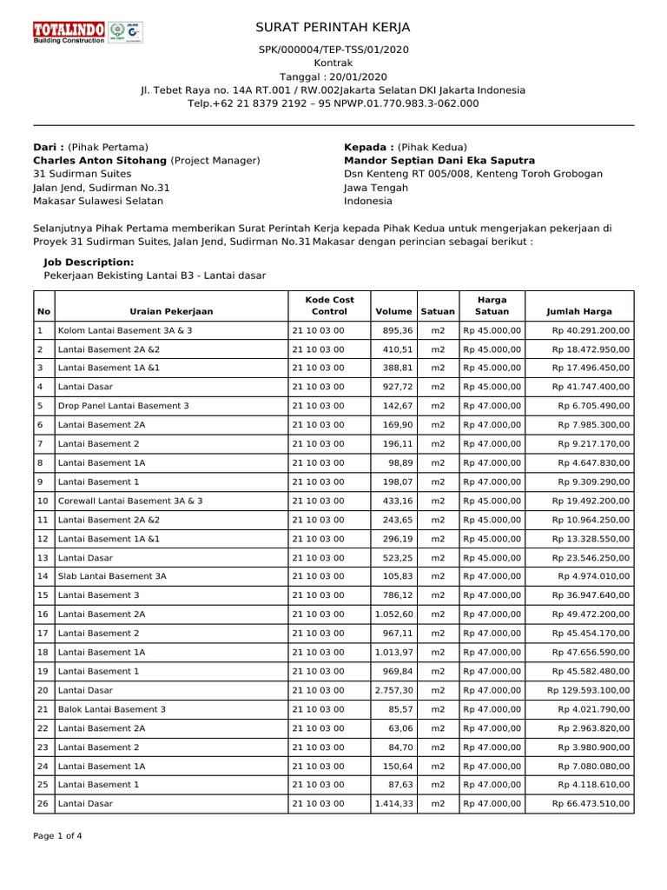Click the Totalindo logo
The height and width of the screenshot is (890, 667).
(69, 32)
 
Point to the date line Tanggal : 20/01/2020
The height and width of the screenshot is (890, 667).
(333, 76)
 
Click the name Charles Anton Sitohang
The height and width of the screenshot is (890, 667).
(99, 160)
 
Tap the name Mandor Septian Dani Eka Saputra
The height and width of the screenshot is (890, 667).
(439, 160)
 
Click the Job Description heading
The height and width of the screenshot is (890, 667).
(89, 262)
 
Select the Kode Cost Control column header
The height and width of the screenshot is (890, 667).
(329, 305)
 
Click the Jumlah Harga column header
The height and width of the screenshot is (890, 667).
(578, 310)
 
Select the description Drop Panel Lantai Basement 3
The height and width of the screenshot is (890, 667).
(122, 406)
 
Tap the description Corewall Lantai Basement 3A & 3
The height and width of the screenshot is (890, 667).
(130, 501)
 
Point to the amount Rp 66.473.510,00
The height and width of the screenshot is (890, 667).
(591, 804)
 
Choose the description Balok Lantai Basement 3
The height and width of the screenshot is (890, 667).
(111, 709)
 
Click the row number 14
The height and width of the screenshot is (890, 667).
(42, 576)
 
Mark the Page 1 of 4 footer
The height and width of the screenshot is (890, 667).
(57, 836)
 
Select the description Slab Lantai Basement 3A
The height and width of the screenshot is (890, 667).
(112, 576)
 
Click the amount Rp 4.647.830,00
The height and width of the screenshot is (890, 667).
(594, 463)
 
